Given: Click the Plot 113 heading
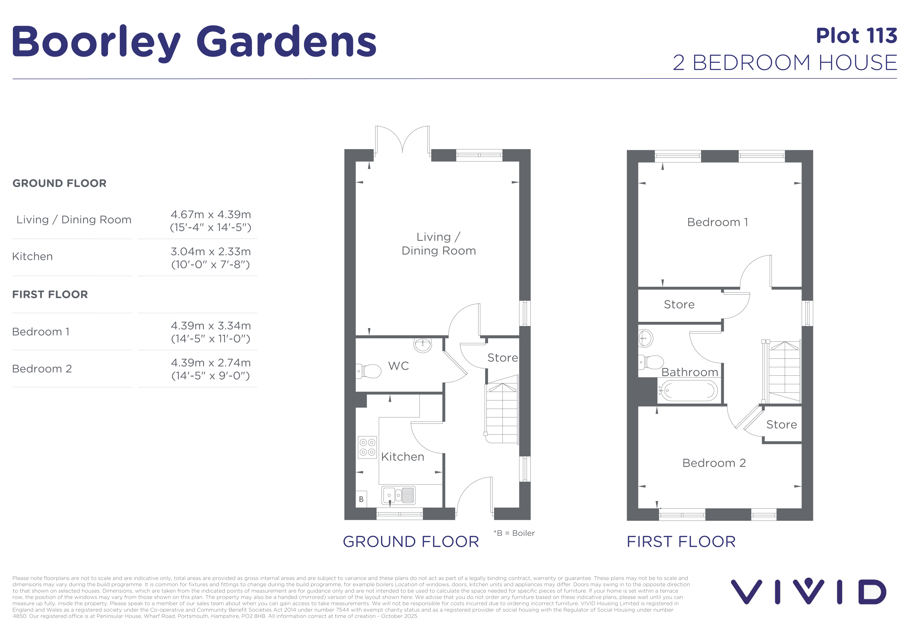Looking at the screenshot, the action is click(x=856, y=36).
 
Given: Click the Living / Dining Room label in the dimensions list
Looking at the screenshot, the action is click(x=74, y=220).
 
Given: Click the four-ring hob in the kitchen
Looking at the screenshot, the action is click(x=367, y=447).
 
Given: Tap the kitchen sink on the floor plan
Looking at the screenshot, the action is click(x=398, y=495).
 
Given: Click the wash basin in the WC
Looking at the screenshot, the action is click(x=423, y=345).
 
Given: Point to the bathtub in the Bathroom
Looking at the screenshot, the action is click(x=689, y=390).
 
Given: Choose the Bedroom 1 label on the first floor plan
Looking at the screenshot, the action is click(x=717, y=222).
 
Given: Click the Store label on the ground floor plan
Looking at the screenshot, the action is click(x=502, y=358).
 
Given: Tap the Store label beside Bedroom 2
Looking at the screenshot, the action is click(x=781, y=425).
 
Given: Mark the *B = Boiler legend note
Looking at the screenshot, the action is click(x=514, y=533).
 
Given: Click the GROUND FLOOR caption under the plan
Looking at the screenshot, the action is click(x=411, y=542).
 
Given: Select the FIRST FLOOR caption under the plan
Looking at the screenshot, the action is click(x=681, y=542).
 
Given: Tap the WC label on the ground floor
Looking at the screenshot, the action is click(x=398, y=366).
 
